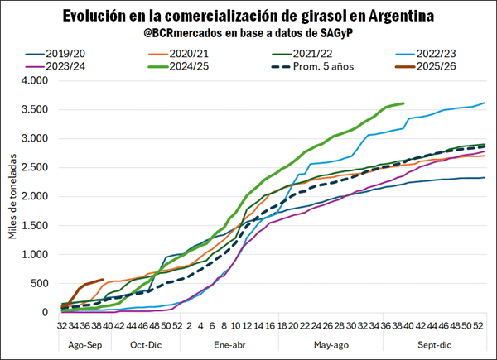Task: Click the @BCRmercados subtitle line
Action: pos(248,35)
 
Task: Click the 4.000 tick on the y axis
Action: pos(37,81)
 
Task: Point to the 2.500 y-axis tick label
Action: pos(37,168)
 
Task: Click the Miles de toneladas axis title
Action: pos(12,197)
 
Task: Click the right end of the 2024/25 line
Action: pos(403,103)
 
